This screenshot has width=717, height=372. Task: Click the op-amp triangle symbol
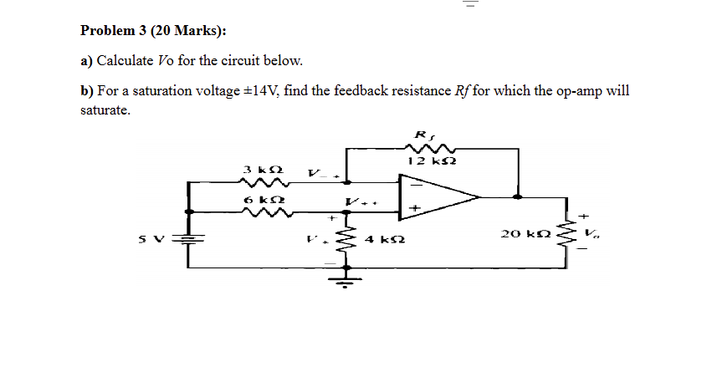coord(435,198)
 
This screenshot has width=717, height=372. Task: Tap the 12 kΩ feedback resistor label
coord(426,161)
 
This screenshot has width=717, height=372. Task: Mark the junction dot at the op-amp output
coord(518,198)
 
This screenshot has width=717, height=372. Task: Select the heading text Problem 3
coord(118,31)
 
